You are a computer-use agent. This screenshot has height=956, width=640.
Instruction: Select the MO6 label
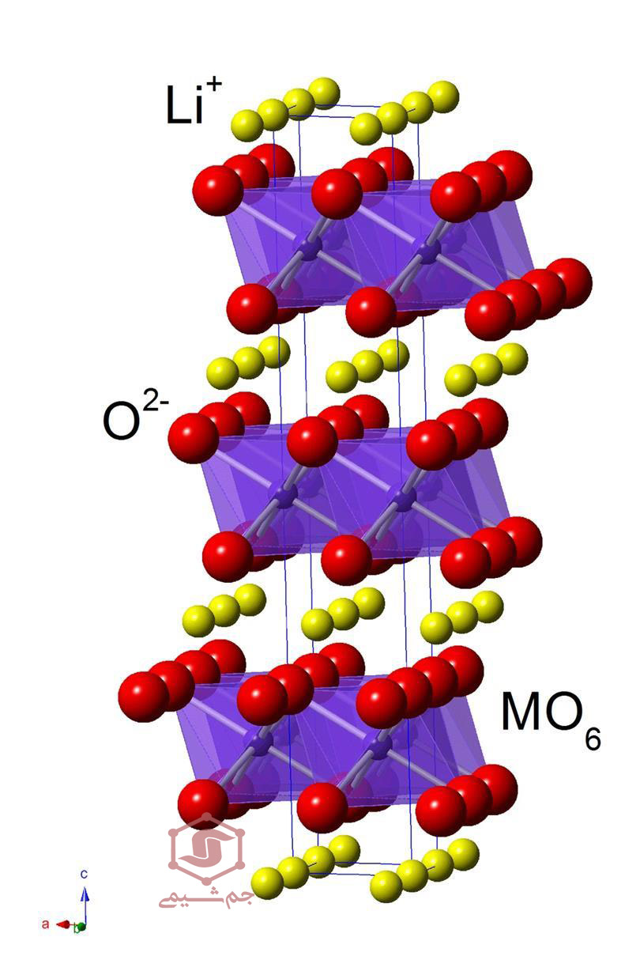point(551,720)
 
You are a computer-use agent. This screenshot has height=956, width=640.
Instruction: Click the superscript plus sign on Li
point(213,85)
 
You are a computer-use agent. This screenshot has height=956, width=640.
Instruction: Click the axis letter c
point(84,874)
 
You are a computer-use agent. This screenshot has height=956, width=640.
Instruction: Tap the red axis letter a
point(45,924)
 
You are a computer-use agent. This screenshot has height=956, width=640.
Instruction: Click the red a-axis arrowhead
point(63,924)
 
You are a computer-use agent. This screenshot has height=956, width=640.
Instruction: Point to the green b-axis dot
point(81,927)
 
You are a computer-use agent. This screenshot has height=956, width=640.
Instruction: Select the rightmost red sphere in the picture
point(569,282)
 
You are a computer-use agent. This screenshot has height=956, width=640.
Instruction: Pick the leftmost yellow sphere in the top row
point(247,126)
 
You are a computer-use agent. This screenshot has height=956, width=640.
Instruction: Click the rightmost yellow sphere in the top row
point(443,96)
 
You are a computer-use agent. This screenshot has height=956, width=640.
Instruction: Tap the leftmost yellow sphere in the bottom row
point(267,883)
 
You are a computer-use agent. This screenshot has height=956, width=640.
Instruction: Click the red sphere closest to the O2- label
point(192,438)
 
